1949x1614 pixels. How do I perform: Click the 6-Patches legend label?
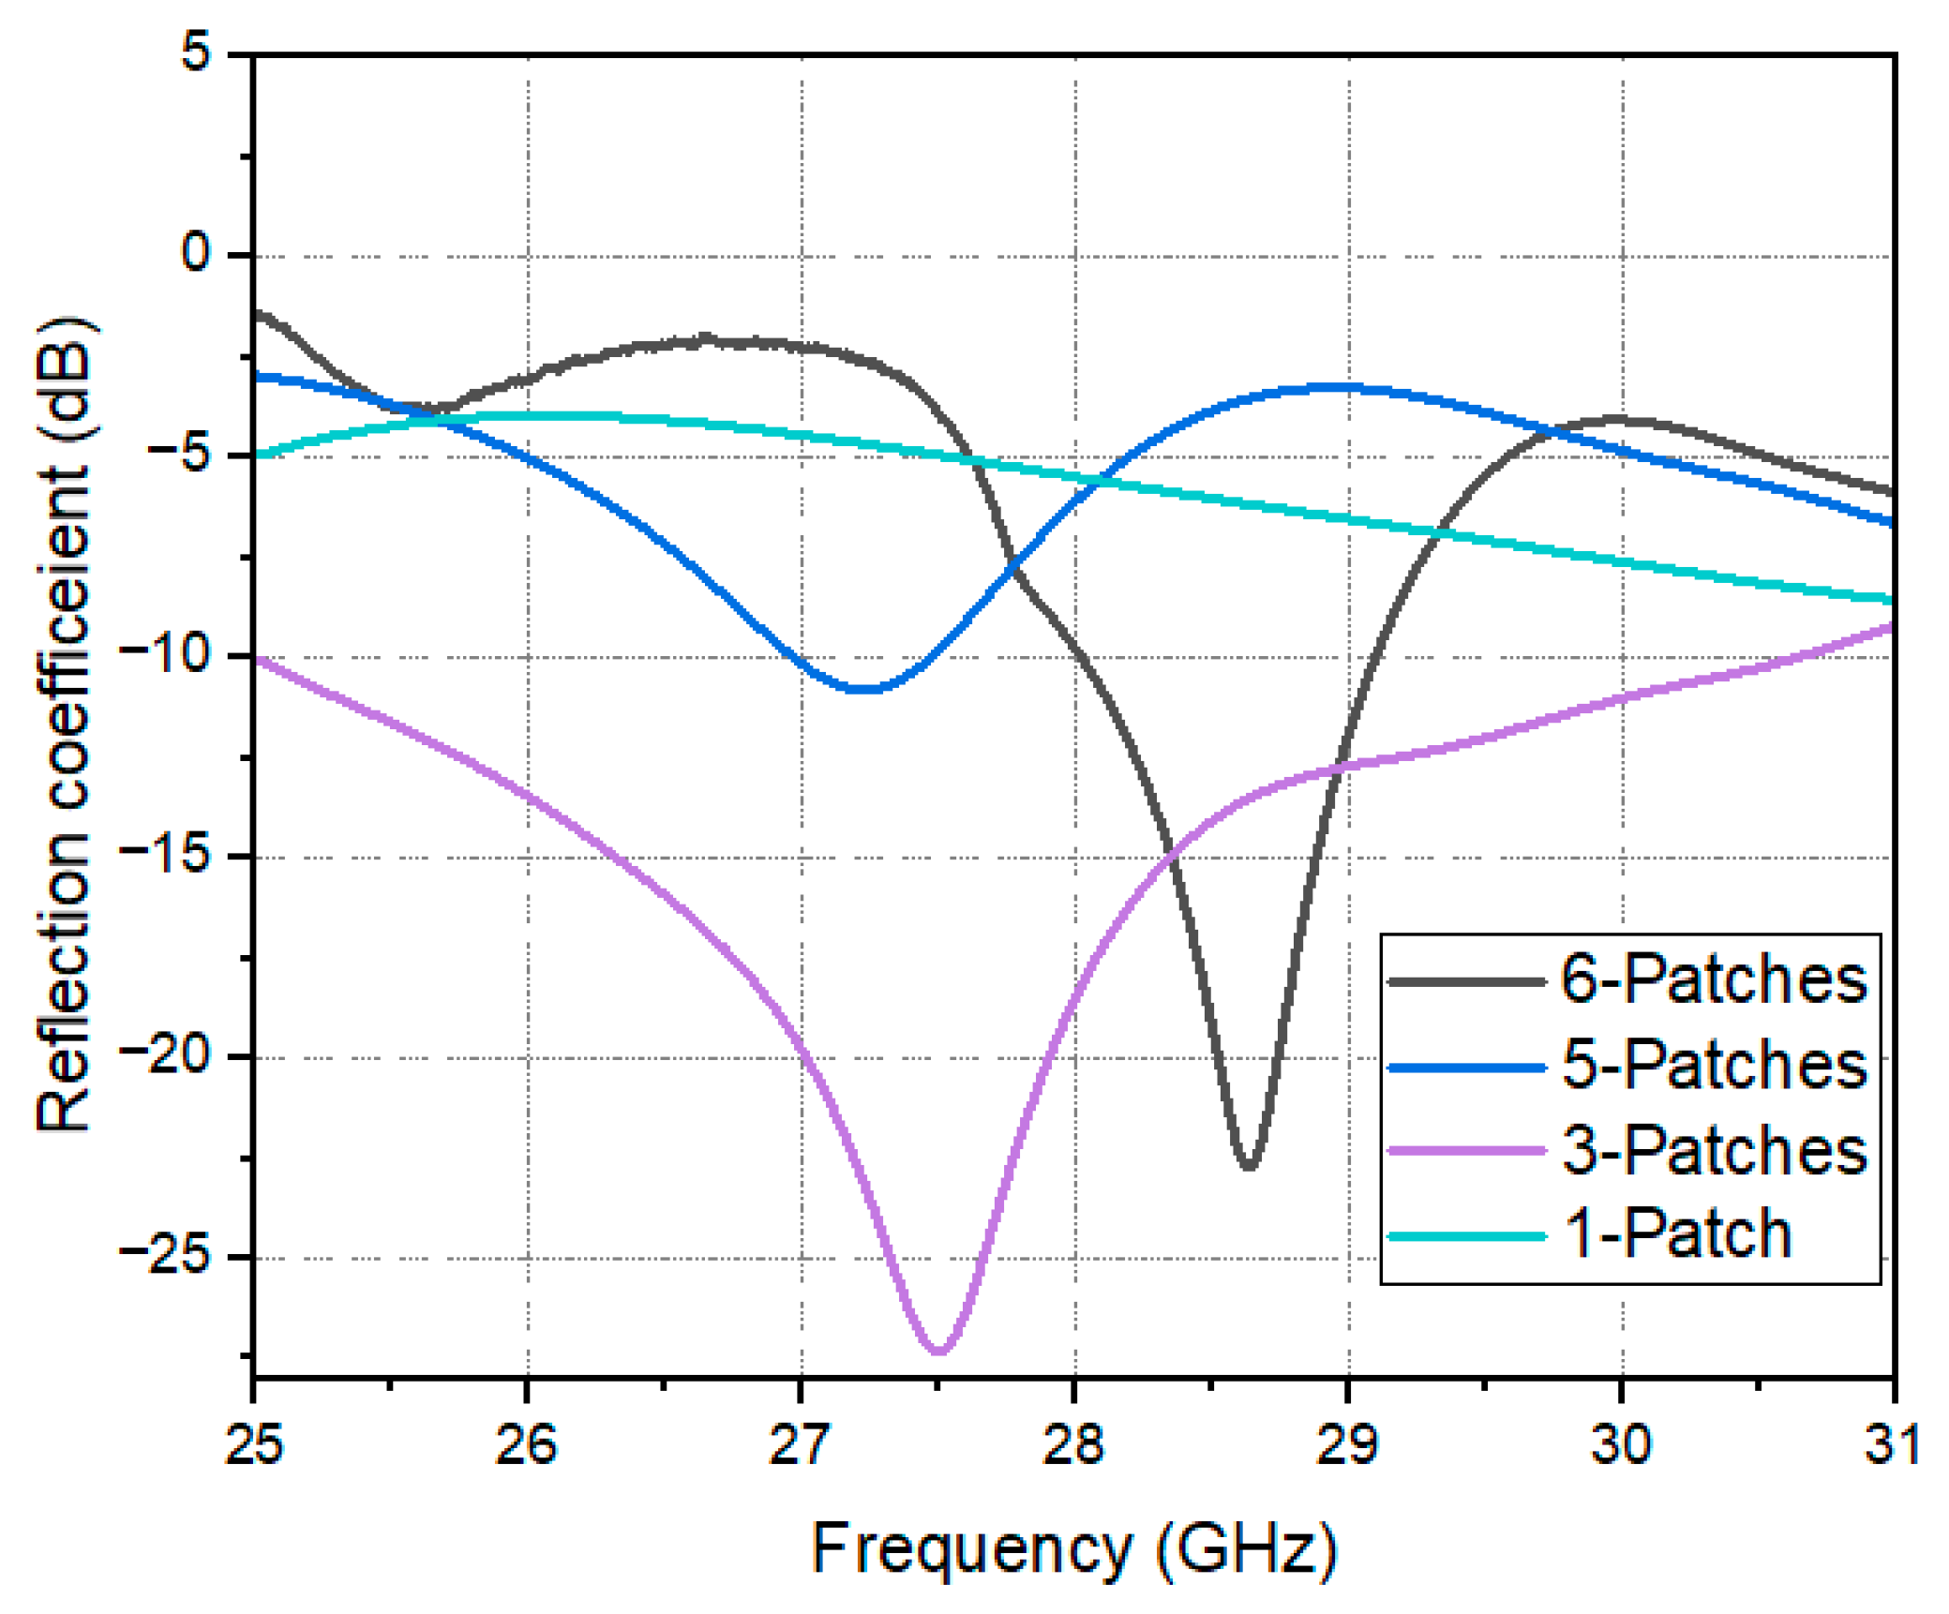click(x=1713, y=979)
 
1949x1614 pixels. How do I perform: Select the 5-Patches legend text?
click(x=1713, y=1065)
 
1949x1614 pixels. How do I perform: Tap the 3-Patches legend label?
click(x=1713, y=1150)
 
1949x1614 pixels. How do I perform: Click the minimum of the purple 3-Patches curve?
click(x=938, y=1351)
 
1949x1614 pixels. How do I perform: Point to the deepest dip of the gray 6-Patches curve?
click(x=1248, y=1166)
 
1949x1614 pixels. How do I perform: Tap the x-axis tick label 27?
click(x=800, y=1444)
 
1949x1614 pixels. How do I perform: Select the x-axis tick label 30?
click(x=1621, y=1444)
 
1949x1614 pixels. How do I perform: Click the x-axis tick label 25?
click(x=253, y=1444)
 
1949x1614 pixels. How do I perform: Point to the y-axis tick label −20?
click(x=165, y=1055)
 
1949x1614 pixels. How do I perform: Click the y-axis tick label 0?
click(x=196, y=253)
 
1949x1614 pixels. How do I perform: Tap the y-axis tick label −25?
click(x=165, y=1256)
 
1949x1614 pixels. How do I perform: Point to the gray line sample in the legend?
click(x=1466, y=981)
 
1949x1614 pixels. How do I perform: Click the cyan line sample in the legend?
click(x=1466, y=1236)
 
